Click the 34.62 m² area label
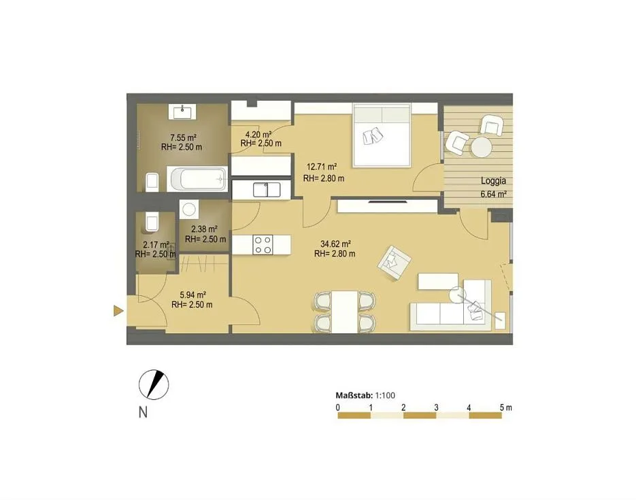coord(335,244)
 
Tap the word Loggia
coord(493,181)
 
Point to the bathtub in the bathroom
coord(197,179)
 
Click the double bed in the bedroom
coord(382,135)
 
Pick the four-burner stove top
coord(263,245)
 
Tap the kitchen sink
coord(267,190)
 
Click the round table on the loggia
coord(482,147)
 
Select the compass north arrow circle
coord(154,384)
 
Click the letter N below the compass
coord(143,412)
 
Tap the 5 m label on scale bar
coord(506,407)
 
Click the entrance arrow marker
coord(118,311)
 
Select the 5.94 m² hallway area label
coord(193,295)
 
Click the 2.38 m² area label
coord(204,229)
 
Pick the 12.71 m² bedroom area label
coord(322,167)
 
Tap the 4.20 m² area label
coord(258,134)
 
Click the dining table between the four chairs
coord(345,312)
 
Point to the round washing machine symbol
coord(189,210)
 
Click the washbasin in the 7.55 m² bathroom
coord(182,112)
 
